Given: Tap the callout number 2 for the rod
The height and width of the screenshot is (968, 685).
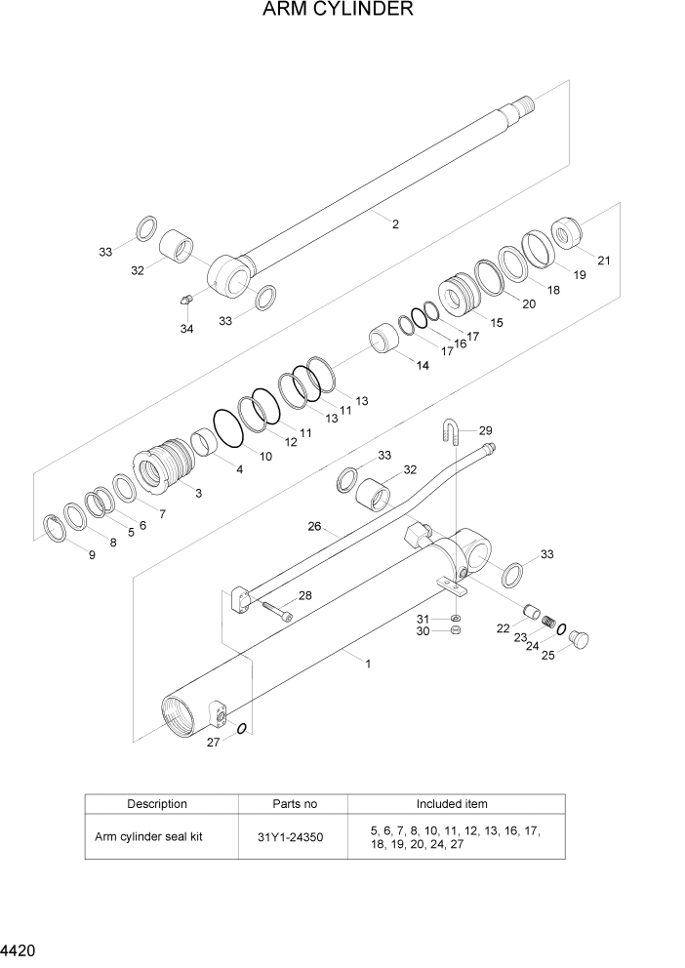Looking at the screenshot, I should pyautogui.click(x=395, y=224).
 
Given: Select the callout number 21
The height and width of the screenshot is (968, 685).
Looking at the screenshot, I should pyautogui.click(x=603, y=261).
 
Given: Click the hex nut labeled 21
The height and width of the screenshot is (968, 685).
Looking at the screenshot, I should pyautogui.click(x=567, y=232).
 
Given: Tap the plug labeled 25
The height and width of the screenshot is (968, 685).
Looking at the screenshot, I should pyautogui.click(x=579, y=638).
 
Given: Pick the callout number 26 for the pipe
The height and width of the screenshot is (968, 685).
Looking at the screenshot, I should pyautogui.click(x=314, y=527).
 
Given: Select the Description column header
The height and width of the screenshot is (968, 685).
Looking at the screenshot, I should pyautogui.click(x=157, y=804).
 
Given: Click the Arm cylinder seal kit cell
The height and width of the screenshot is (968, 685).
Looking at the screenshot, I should pyautogui.click(x=148, y=836).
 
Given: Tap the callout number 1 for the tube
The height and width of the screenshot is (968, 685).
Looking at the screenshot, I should pyautogui.click(x=368, y=664).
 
